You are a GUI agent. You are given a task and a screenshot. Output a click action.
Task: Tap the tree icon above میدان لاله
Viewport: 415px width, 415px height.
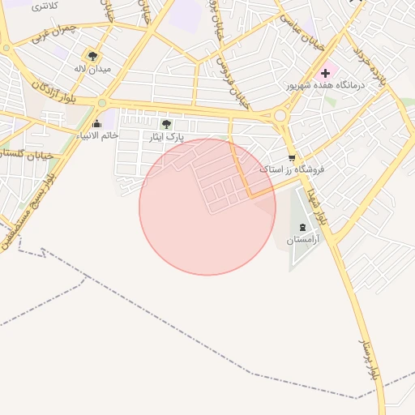92,56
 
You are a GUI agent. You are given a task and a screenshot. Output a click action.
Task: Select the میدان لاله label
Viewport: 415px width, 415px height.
91,69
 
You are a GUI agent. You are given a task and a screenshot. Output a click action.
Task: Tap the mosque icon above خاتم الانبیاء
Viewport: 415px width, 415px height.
98,123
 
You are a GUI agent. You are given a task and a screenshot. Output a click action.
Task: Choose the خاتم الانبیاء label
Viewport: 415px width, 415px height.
98,135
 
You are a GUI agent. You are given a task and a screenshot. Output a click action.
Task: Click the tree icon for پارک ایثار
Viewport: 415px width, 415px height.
166,124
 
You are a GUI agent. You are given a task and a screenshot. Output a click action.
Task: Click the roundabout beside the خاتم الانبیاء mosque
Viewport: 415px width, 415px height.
102,103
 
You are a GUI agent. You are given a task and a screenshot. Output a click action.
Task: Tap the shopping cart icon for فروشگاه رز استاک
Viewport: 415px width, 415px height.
292,158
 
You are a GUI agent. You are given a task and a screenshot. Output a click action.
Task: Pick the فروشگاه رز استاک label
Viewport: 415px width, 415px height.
292,170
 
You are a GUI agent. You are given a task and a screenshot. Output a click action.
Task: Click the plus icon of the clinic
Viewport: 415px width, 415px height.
325,73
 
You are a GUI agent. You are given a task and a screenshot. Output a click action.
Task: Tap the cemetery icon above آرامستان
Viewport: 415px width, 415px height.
303,227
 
